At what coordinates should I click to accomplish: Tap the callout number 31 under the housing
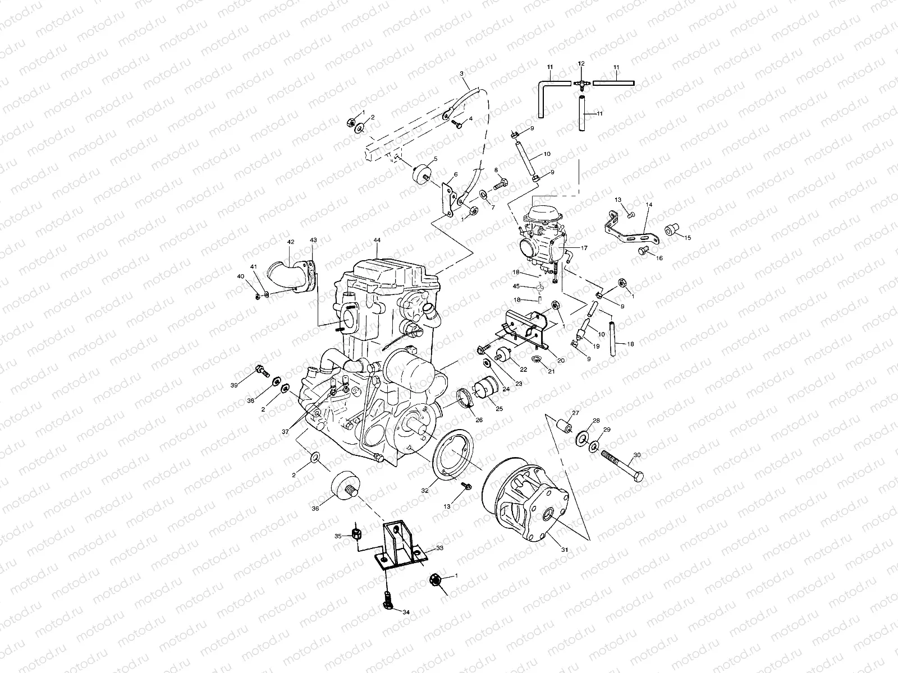(x=565, y=550)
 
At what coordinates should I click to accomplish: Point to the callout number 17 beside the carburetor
(x=584, y=247)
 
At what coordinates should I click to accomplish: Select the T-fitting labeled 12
(x=581, y=82)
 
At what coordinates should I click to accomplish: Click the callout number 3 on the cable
(x=461, y=73)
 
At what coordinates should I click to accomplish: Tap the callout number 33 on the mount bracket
(x=439, y=550)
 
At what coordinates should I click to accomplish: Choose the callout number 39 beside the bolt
(x=235, y=385)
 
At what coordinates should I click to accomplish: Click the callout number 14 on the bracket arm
(x=649, y=205)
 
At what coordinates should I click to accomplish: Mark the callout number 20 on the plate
(x=561, y=359)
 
